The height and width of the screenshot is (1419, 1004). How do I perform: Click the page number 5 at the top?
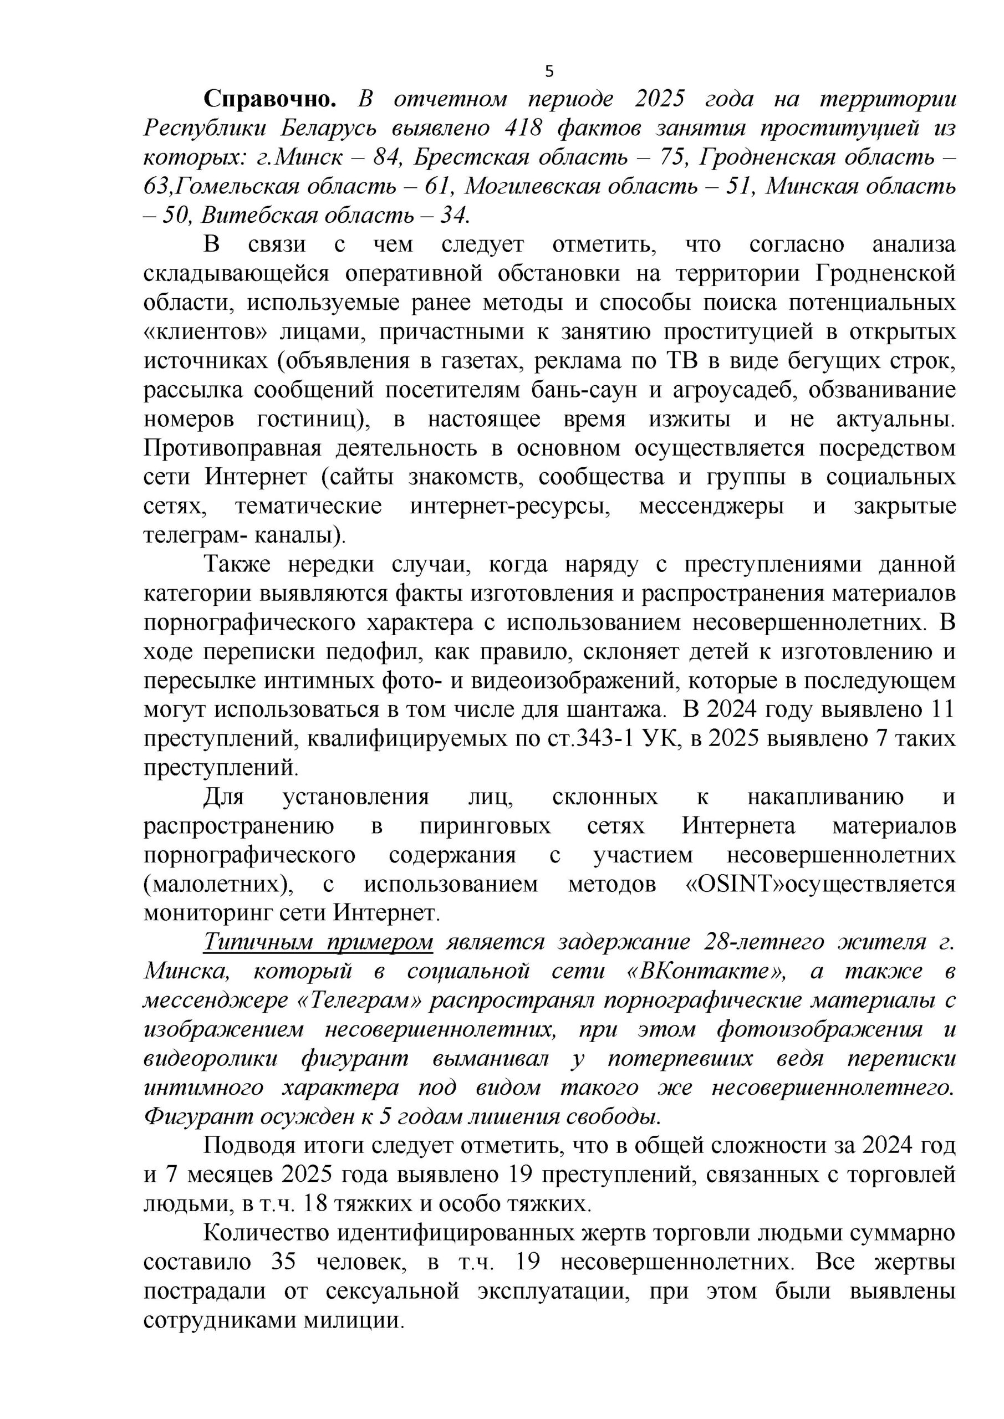coord(549,72)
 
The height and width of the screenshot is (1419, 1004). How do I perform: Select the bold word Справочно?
coord(270,99)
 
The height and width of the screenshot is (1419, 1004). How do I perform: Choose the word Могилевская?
coord(532,187)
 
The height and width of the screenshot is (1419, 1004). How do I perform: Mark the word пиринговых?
coord(485,826)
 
